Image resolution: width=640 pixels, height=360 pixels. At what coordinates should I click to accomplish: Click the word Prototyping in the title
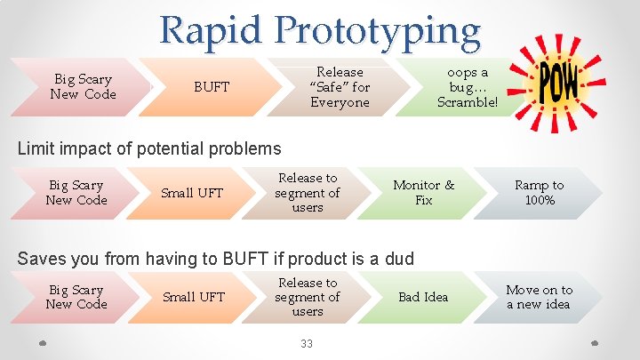coord(378,31)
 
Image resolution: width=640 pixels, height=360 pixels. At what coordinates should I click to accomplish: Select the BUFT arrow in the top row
coord(212,87)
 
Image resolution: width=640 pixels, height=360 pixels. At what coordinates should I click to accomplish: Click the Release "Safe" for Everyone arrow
coord(340,87)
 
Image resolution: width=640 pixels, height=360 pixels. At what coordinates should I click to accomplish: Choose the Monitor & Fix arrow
coord(423,193)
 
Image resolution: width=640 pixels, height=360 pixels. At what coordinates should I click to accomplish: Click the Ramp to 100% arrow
coord(539,193)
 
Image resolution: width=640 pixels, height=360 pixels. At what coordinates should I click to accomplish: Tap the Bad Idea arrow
coord(423,297)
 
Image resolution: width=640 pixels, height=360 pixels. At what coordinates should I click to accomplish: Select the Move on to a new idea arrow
coord(539,297)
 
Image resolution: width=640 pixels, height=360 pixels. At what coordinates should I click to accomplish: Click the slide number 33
coord(307,343)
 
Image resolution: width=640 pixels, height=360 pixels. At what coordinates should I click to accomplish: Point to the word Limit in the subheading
coord(36,149)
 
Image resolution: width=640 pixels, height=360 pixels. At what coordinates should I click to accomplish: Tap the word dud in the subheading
coord(399,259)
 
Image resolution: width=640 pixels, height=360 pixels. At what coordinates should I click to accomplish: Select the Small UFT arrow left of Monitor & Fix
coord(192,193)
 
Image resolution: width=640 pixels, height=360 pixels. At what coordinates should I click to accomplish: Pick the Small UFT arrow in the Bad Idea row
coord(192,297)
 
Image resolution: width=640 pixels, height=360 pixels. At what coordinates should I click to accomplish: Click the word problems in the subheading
coord(247,149)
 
